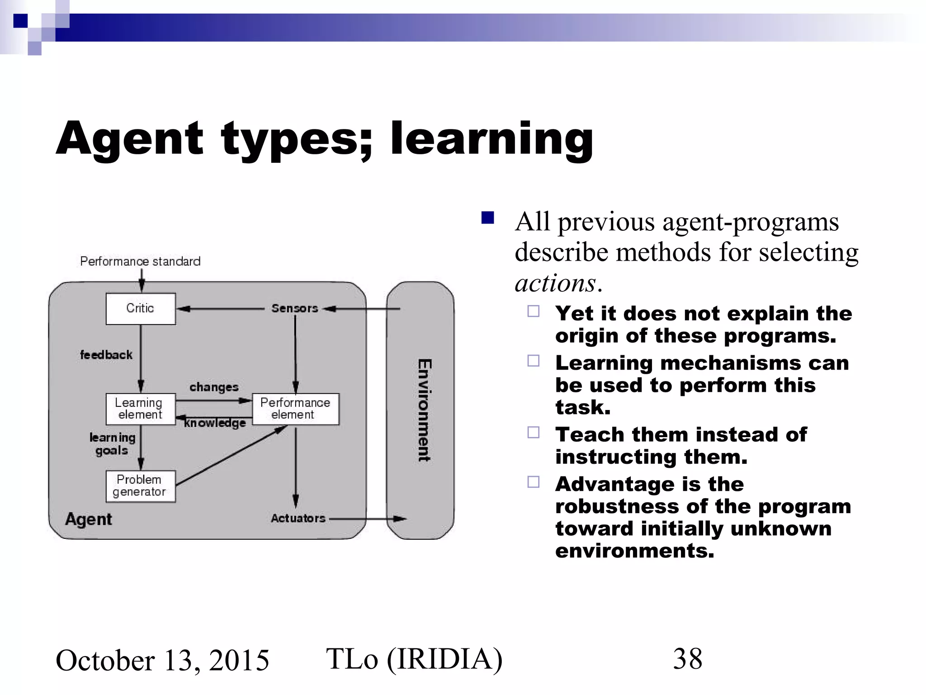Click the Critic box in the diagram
coord(140,309)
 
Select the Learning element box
coord(140,409)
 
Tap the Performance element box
coord(295,409)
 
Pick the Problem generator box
coord(140,486)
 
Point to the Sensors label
coord(295,309)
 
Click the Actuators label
coord(298,519)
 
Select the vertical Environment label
coord(424,410)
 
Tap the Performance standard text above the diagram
coord(140,262)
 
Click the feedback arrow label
coord(106,355)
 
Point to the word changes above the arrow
coord(214,387)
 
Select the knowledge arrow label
coord(215,423)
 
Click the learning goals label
coord(112,444)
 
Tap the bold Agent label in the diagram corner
coord(89,519)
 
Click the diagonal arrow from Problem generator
coord(231,456)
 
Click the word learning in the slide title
coord(491,139)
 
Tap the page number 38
coord(687,659)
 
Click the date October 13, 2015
coord(162,661)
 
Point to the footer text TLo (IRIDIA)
coord(414,659)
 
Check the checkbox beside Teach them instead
coord(534,433)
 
